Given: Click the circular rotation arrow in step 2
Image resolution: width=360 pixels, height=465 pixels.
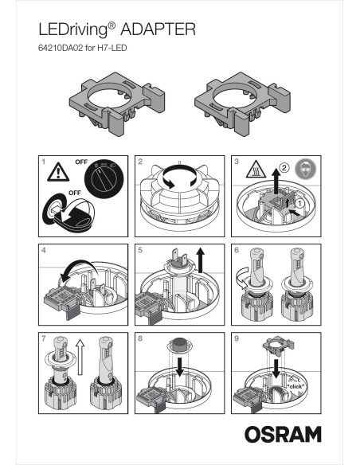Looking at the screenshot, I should click(x=179, y=182).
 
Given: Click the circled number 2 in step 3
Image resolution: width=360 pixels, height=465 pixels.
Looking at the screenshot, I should click(x=284, y=169).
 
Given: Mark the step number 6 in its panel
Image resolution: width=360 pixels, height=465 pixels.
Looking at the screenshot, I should click(x=237, y=249).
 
